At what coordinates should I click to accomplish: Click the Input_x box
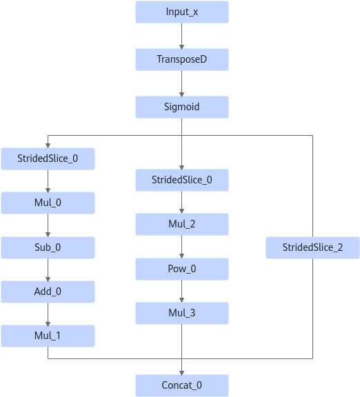[182, 12]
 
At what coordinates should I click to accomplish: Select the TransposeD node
[182, 59]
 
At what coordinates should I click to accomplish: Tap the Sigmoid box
[182, 107]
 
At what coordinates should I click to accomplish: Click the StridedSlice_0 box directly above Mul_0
[48, 159]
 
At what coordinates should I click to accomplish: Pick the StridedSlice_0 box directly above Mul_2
[182, 180]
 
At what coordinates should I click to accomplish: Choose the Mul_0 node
[48, 203]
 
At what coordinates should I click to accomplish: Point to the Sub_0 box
[48, 247]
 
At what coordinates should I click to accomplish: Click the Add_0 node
[48, 292]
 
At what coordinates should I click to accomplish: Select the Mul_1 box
[48, 336]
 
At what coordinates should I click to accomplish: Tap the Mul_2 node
[182, 224]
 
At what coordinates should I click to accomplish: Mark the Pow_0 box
[182, 269]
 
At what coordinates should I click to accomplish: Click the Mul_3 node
[182, 313]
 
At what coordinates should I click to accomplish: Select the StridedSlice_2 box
[312, 247]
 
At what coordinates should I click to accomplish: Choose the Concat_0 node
[182, 385]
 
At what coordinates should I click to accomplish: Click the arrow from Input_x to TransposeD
[181, 36]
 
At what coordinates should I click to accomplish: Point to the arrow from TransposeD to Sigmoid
[181, 83]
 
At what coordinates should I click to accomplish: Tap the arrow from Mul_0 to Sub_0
[48, 225]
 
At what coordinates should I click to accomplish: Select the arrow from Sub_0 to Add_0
[48, 270]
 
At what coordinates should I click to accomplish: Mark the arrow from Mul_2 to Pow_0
[181, 247]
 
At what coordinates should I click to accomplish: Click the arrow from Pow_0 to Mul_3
[181, 291]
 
